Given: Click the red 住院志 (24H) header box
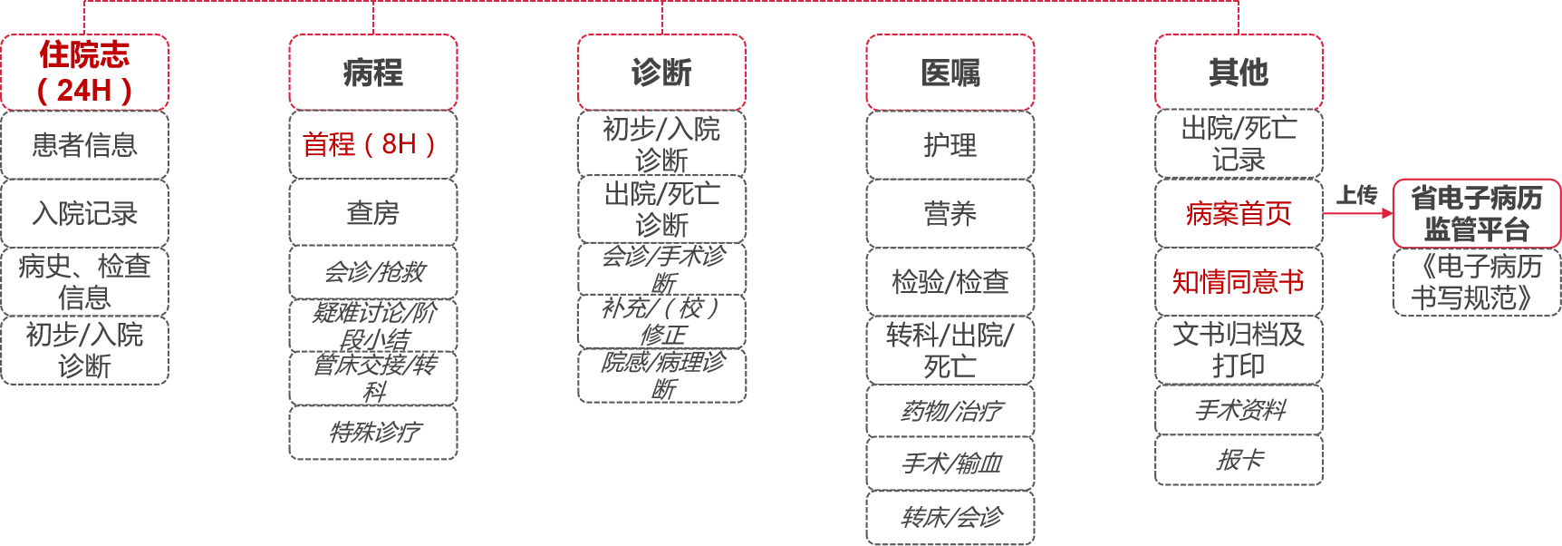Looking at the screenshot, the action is point(84,73).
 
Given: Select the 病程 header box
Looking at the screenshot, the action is point(372,73).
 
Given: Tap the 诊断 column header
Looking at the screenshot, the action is point(661,73).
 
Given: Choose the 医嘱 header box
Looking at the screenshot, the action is point(950,73).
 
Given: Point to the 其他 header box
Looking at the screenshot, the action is point(1239,73).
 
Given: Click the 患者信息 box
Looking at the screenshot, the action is point(84,144).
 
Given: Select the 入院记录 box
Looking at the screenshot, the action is point(84,213).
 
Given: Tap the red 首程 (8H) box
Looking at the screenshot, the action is point(372,144).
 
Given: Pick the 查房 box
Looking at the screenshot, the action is point(372,213).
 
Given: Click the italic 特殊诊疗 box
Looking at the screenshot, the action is point(372,432).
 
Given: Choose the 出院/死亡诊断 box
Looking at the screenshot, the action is point(661,209).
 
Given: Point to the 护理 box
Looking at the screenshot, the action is point(950,144).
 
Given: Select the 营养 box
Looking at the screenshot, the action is point(950,213).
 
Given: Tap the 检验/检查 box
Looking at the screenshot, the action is point(950,282).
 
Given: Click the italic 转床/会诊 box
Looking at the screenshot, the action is point(950,517).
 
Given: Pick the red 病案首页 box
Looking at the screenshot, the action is point(1239,213).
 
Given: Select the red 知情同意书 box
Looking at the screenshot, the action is point(1239,282).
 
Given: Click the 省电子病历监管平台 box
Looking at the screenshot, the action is point(1476,213).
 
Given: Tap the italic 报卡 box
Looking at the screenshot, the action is point(1239,460).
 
